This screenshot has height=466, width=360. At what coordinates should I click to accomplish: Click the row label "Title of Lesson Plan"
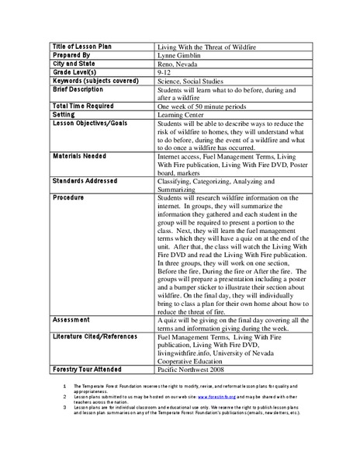(x=81, y=47)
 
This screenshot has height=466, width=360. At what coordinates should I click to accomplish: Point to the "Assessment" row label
(x=71, y=319)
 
